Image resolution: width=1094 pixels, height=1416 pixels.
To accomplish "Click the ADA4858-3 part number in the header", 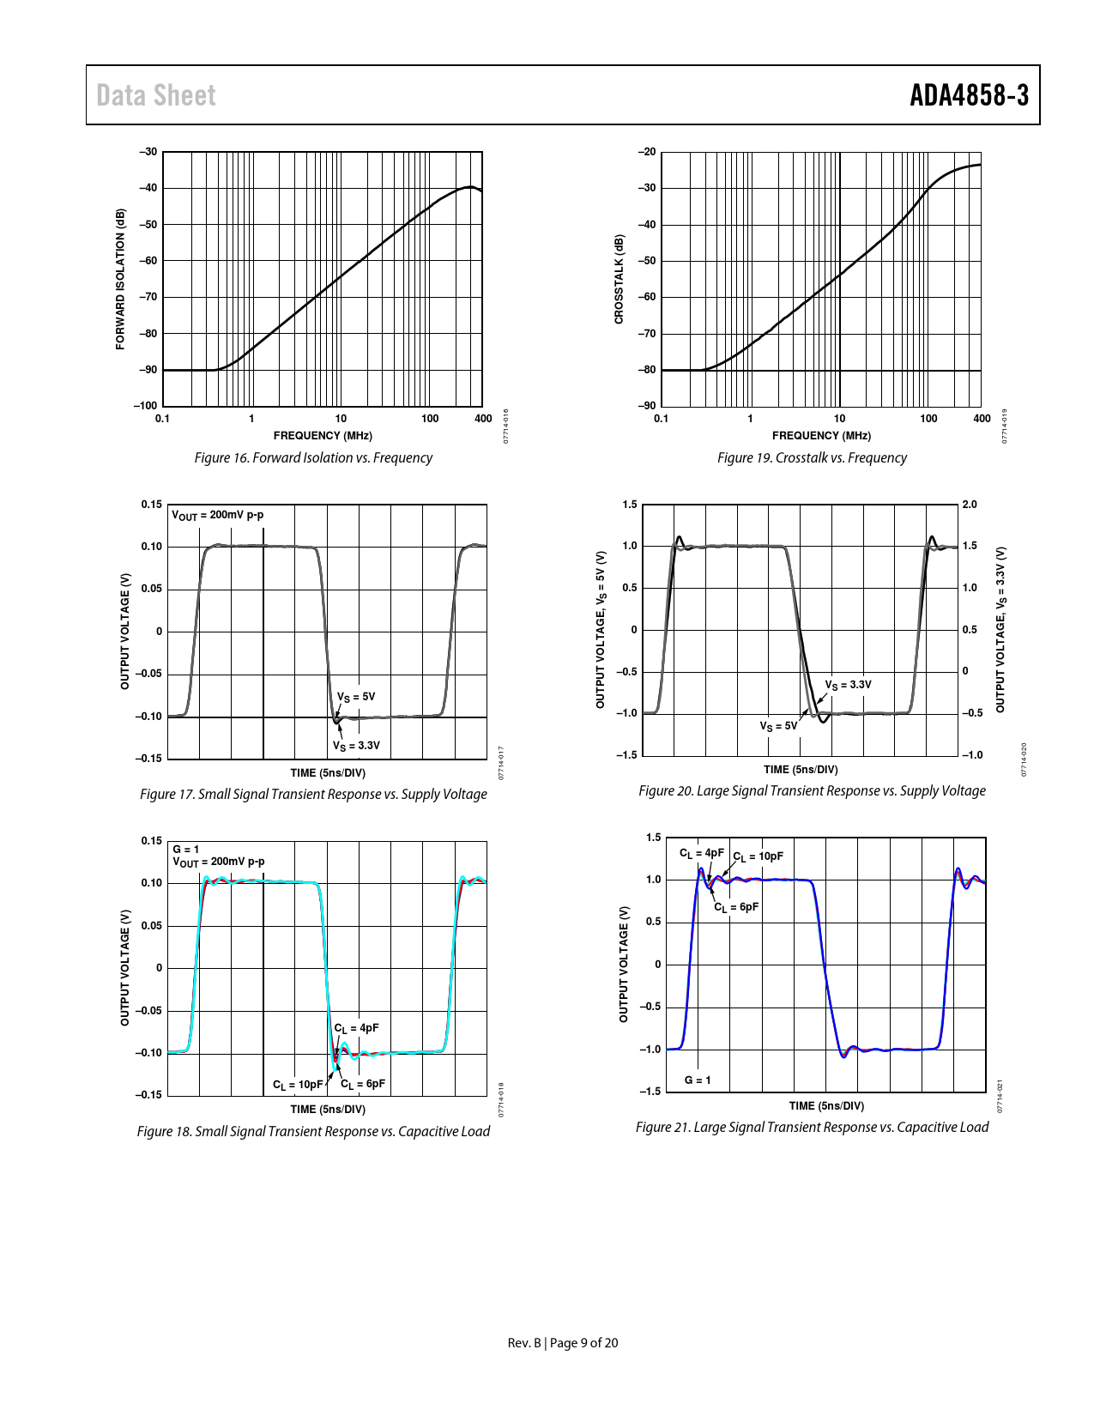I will point(969,95).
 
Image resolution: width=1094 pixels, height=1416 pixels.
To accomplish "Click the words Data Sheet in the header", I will point(156,95).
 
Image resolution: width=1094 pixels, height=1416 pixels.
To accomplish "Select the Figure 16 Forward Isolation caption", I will point(313,457).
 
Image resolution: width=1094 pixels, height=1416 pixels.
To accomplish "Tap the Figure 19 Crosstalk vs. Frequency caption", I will point(812,457).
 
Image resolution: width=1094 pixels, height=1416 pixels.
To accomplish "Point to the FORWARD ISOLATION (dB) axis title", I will point(120,279).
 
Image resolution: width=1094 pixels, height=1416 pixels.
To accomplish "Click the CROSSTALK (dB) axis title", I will point(619,279).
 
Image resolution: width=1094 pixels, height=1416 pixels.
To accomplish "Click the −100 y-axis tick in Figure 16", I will point(146,406).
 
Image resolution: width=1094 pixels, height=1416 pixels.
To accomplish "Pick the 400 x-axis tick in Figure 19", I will point(982,419).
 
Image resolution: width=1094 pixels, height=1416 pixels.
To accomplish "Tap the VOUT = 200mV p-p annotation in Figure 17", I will point(218,515).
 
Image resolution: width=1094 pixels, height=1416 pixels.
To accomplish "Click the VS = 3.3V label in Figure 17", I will point(356,745).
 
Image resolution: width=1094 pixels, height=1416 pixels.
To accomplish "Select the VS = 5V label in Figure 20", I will point(778,726).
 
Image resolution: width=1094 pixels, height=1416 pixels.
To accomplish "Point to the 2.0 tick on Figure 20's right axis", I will point(970,505).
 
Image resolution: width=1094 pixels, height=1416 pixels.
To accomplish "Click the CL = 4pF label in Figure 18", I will point(356,1028).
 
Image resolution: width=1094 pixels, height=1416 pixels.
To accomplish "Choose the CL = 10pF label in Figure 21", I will point(758,856).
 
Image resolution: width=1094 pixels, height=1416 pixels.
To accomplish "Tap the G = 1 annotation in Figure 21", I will point(698,1080).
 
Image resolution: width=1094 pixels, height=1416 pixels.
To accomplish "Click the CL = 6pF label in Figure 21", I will point(736,907).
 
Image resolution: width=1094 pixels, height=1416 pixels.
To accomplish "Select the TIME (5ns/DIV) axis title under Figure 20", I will point(801,770).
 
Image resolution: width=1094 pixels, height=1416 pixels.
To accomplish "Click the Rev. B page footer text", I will point(562,1343).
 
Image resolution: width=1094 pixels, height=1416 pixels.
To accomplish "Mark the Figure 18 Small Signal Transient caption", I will point(313,1131).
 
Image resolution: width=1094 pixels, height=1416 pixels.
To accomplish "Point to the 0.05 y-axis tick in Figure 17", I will point(151,589).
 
